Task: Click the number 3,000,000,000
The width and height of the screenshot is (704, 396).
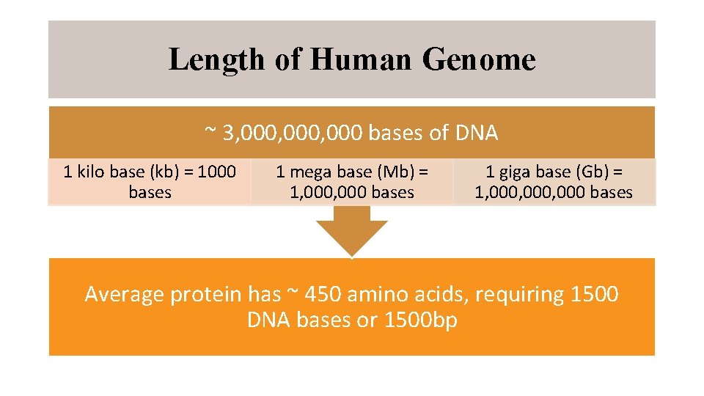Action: click(293, 133)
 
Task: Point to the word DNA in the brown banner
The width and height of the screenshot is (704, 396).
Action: click(476, 133)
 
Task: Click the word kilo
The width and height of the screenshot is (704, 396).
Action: click(90, 172)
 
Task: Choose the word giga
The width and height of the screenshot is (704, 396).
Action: click(515, 172)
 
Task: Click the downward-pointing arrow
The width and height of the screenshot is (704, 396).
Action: click(352, 230)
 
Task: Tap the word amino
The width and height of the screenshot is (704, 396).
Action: click(378, 295)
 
